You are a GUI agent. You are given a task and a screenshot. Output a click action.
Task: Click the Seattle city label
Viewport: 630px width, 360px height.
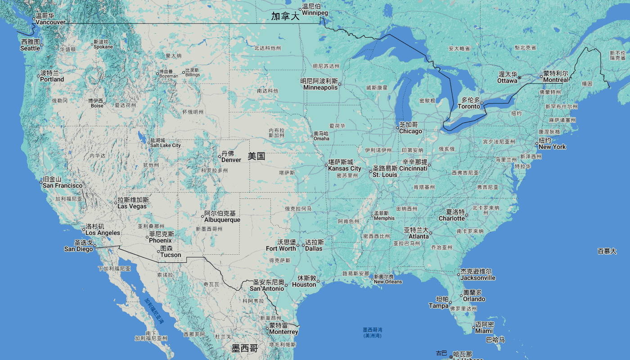pyautogui.click(x=30, y=45)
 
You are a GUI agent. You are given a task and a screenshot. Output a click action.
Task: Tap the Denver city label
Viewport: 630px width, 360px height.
pyautogui.click(x=231, y=157)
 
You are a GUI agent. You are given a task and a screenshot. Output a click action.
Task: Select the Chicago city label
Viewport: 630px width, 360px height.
pyautogui.click(x=410, y=128)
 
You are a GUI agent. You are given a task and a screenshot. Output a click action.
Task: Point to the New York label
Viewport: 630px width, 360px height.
pyautogui.click(x=552, y=144)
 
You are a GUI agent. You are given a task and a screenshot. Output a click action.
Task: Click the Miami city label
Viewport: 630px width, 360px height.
pyautogui.click(x=484, y=328)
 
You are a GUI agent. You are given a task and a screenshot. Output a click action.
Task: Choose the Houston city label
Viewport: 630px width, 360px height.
pyautogui.click(x=304, y=281)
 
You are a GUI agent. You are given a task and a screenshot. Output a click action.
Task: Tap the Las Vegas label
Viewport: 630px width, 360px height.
pyautogui.click(x=132, y=203)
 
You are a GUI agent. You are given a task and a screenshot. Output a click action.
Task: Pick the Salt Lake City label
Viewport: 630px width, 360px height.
pyautogui.click(x=165, y=143)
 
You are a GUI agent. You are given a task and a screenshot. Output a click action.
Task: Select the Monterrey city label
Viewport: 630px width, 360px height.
pyautogui.click(x=283, y=328)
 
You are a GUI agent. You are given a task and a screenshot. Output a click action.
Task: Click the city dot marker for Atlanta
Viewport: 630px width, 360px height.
pyautogui.click(x=431, y=233)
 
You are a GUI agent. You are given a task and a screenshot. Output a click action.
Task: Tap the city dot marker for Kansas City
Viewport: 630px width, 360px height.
pyautogui.click(x=327, y=166)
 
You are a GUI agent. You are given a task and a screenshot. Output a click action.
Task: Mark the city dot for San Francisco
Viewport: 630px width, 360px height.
pyautogui.click(x=41, y=182)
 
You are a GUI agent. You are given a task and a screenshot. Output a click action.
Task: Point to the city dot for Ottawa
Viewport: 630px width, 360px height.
pyautogui.click(x=519, y=78)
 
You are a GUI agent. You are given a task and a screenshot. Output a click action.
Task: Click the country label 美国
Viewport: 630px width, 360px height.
pyautogui.click(x=256, y=157)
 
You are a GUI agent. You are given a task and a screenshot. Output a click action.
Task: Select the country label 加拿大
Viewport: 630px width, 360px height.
pyautogui.click(x=285, y=17)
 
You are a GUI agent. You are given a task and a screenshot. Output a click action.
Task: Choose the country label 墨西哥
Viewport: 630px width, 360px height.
pyautogui.click(x=245, y=348)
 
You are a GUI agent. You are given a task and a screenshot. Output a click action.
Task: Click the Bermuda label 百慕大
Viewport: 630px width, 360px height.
pyautogui.click(x=607, y=251)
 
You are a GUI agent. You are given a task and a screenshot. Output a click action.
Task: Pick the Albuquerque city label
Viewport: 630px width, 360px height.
pyautogui.click(x=222, y=216)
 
